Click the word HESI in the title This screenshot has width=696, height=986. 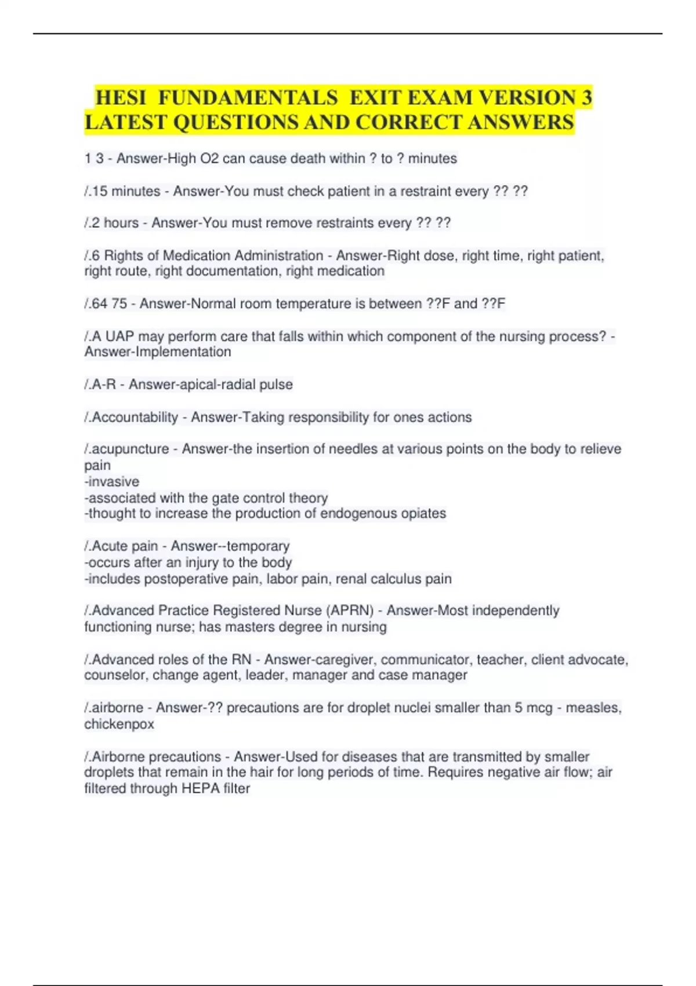pos(121,97)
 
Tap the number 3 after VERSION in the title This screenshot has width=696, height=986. pos(586,97)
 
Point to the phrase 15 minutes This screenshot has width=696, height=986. pos(126,191)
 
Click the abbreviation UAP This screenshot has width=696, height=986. pos(119,336)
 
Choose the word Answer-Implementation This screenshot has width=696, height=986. pos(158,352)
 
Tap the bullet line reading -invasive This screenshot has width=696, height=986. pos(112,481)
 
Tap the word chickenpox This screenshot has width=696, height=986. pos(119,724)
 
